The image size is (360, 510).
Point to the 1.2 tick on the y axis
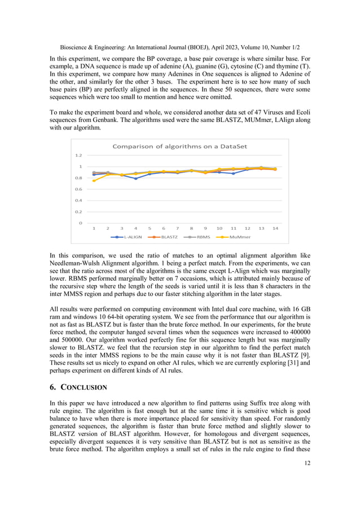pyautogui.click(x=78, y=155)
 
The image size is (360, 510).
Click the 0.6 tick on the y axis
pyautogui.click(x=78, y=189)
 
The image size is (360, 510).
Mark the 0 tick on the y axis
pyautogui.click(x=81, y=223)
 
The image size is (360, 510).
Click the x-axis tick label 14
pyautogui.click(x=275, y=229)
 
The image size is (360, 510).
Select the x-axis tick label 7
pyautogui.click(x=177, y=229)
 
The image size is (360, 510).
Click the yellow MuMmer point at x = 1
pyautogui.click(x=94, y=181)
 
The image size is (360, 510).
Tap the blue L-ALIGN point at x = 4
pyautogui.click(x=135, y=178)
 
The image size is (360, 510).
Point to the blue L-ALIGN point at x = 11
pyautogui.click(x=233, y=173)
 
